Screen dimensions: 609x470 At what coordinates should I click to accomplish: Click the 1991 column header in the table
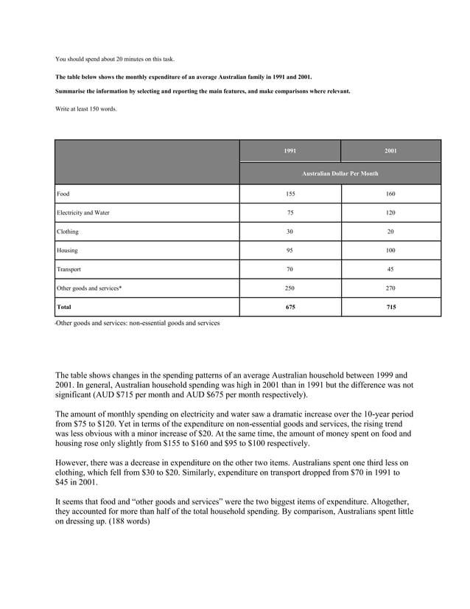tap(290, 151)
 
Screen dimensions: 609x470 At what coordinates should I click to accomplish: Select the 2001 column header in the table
tap(390, 151)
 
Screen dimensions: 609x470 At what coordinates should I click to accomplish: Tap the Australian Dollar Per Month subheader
tap(340, 173)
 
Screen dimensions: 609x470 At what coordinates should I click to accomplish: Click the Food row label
tap(63, 194)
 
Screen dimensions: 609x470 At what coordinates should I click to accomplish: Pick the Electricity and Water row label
tap(83, 213)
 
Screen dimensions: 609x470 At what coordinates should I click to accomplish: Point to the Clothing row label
tap(68, 232)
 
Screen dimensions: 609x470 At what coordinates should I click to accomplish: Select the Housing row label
tap(67, 251)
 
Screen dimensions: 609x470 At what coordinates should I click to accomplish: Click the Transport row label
tap(69, 270)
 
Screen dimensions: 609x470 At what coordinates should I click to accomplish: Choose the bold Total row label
tap(65, 307)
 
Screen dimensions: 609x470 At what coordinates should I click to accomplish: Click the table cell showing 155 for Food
tap(290, 194)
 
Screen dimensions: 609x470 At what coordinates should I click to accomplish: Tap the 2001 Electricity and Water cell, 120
tap(390, 213)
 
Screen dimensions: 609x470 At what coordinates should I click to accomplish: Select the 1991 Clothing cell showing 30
tap(290, 232)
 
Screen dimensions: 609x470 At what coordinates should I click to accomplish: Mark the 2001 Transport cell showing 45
tap(390, 270)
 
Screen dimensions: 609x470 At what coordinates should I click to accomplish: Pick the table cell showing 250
tap(290, 288)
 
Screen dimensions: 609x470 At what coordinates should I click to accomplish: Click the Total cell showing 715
tap(390, 307)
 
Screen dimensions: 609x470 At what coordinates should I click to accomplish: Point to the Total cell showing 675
tap(290, 307)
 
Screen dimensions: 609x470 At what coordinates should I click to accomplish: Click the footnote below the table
tap(137, 323)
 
